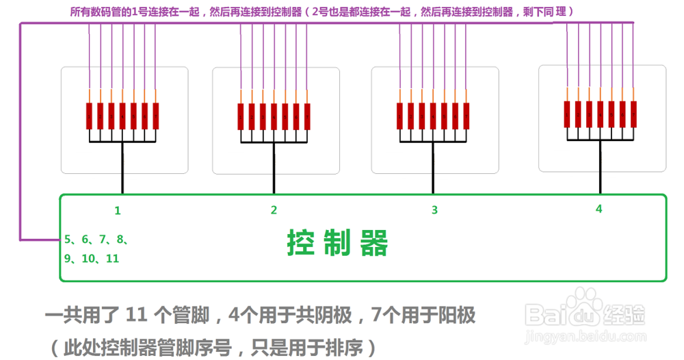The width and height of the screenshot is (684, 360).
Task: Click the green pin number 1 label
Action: point(118,211)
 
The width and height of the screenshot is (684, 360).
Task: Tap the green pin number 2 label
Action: point(274,210)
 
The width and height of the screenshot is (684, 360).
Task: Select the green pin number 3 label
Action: point(434,210)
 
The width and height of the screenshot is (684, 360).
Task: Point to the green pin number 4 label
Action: point(598,209)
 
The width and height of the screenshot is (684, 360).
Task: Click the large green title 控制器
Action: point(338,243)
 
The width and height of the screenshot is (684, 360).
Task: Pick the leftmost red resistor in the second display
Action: point(241,116)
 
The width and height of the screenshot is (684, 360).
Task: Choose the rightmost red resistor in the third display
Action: point(466,116)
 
